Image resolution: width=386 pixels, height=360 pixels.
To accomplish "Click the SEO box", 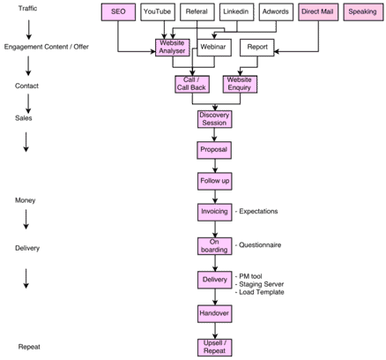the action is [118, 12].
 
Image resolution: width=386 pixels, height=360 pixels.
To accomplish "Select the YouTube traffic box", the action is [158, 12].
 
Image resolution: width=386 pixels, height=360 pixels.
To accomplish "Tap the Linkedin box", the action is [236, 12].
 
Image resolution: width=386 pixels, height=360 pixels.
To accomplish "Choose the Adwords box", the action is [276, 12].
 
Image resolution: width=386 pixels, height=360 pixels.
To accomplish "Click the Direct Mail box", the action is [318, 12].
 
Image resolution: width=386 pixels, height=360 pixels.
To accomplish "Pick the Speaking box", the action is [363, 12].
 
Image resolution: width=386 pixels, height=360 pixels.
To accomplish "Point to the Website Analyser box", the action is [173, 48].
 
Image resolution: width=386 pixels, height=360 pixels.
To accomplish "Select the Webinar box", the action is [214, 48].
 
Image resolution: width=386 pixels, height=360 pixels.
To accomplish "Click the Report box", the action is [257, 48].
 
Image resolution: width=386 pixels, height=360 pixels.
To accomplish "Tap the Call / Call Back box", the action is [192, 85].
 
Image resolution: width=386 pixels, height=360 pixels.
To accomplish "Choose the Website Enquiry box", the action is [240, 85].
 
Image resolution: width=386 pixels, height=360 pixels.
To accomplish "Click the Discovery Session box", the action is [214, 119].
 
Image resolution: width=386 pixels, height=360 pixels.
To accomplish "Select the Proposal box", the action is [214, 150].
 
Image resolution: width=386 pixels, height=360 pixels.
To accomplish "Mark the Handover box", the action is [215, 314].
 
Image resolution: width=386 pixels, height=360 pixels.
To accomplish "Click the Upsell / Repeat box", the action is [215, 348].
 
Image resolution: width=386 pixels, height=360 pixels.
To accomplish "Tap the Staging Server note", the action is [260, 284].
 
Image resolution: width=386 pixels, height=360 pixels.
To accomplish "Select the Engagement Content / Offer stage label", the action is [46, 47].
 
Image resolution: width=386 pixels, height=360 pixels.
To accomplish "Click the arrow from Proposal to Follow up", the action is [215, 166].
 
